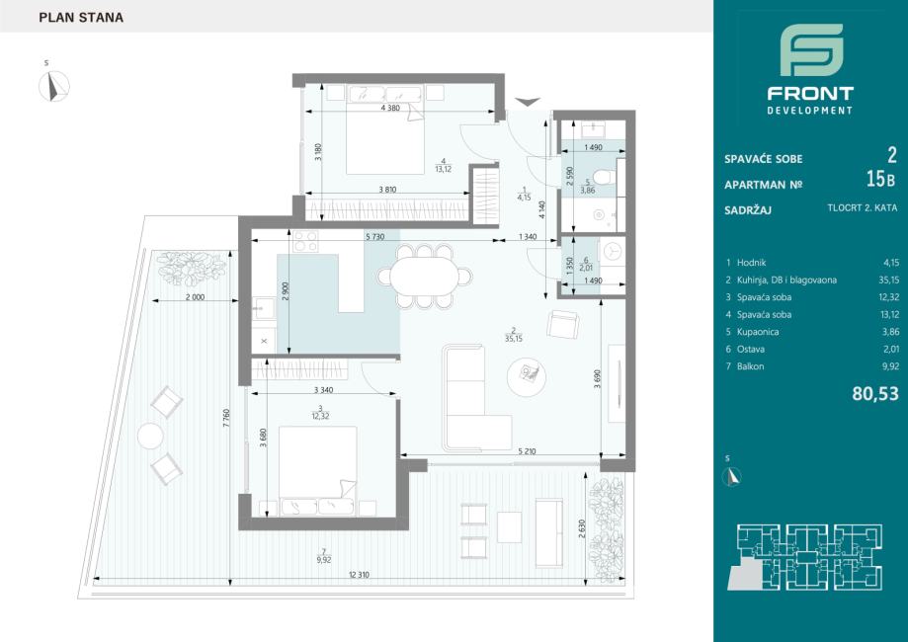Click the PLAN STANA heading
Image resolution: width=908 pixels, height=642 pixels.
[81, 18]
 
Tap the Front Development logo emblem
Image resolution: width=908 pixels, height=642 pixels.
[811, 49]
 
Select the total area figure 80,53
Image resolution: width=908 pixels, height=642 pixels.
[875, 394]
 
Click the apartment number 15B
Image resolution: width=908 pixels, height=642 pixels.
[880, 180]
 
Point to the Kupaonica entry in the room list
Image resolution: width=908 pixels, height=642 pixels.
[758, 332]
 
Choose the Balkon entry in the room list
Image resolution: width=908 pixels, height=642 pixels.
[750, 366]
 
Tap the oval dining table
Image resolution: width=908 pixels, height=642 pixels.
[425, 277]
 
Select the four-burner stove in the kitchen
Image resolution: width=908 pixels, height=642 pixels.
[305, 241]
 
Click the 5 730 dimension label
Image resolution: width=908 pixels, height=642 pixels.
[374, 237]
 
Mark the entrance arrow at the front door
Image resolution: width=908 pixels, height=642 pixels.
[528, 102]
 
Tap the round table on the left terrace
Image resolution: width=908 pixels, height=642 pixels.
[150, 436]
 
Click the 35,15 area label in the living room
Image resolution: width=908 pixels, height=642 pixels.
[513, 339]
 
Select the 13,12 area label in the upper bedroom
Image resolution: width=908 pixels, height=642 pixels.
[443, 169]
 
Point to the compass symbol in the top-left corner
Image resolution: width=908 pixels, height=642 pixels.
[54, 86]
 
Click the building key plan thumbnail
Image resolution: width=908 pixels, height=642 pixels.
[805, 557]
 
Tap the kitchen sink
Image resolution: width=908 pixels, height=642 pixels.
[265, 308]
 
